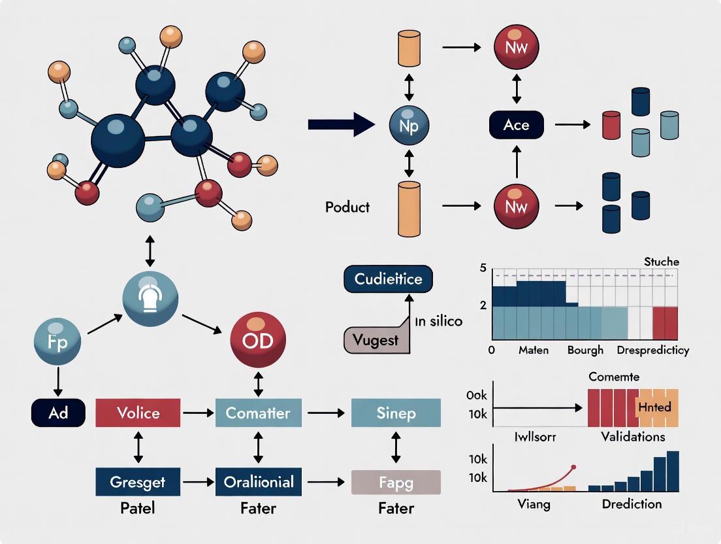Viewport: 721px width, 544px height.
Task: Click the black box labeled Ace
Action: pyautogui.click(x=516, y=124)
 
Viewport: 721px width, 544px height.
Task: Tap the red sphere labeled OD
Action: pyautogui.click(x=258, y=340)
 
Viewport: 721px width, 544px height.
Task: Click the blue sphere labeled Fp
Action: pyautogui.click(x=57, y=341)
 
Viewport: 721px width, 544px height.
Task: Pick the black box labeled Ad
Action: pyautogui.click(x=58, y=413)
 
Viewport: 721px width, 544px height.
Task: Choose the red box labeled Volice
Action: pyautogui.click(x=138, y=413)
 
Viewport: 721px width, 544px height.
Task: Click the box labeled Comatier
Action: pyautogui.click(x=258, y=413)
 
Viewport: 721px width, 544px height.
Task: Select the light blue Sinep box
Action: pyautogui.click(x=396, y=413)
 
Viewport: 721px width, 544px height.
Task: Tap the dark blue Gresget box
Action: pyautogui.click(x=138, y=483)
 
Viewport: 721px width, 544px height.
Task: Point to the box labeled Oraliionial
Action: pyautogui.click(x=258, y=483)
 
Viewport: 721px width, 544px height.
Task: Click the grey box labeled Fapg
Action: pyautogui.click(x=396, y=483)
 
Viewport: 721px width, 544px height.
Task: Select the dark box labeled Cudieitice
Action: pyautogui.click(x=388, y=279)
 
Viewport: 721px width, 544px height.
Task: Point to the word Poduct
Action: pyautogui.click(x=347, y=207)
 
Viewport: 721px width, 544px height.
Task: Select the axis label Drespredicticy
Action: pyautogui.click(x=652, y=350)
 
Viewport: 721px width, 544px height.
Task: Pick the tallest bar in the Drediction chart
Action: pyautogui.click(x=673, y=471)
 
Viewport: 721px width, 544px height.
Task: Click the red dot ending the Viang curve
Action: pyautogui.click(x=574, y=467)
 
